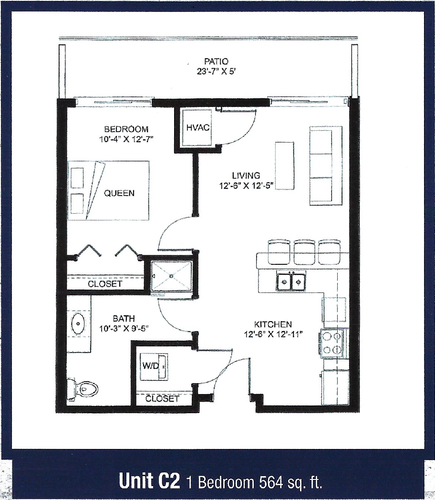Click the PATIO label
point(216,62)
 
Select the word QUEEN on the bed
point(119,193)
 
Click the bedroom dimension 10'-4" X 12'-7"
point(126,138)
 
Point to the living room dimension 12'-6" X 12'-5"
point(246,185)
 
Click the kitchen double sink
point(291,282)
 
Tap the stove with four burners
point(332,343)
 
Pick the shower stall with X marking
point(172,276)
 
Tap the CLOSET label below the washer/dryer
point(162,398)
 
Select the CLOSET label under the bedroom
point(105,284)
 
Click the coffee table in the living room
point(284,166)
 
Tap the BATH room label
point(124,318)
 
